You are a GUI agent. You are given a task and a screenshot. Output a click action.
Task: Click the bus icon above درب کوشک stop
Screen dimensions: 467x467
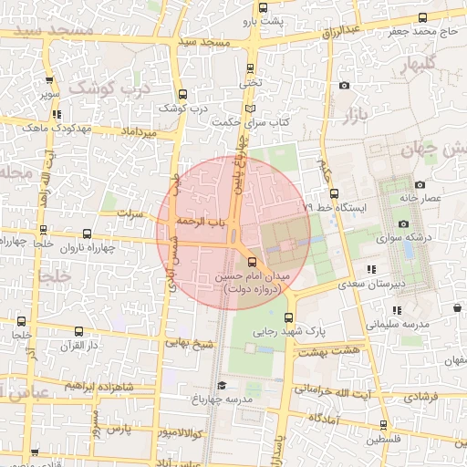[183, 94]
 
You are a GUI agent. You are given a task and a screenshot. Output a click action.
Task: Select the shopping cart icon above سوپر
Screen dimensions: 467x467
[48, 78]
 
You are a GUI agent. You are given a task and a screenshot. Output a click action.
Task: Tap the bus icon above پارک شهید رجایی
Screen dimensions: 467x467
[289, 317]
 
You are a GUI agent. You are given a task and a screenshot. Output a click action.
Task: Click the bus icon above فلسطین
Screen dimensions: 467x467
[383, 425]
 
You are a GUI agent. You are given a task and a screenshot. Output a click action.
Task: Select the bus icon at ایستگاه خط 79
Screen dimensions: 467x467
[334, 193]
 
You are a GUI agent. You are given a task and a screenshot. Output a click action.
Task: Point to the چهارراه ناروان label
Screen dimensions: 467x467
[86, 247]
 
